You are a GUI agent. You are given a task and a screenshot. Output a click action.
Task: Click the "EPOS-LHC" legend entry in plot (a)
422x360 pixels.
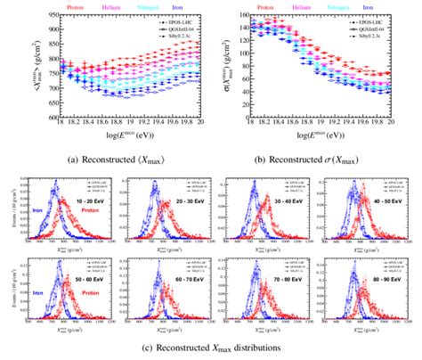pyautogui.click(x=173, y=18)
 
